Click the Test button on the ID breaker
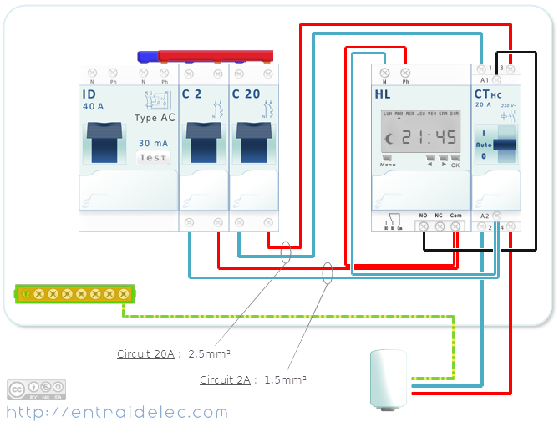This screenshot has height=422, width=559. pos(154,157)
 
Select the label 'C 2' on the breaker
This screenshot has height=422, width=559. pos(191,94)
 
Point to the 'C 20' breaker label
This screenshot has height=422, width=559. pos(246,94)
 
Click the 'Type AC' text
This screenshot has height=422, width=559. pos(155,118)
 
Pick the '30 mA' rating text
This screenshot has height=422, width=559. pos(155,143)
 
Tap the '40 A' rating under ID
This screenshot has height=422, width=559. pos(93,106)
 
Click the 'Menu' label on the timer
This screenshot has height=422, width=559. pos(388,165)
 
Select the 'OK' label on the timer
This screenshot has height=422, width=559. pos(455,165)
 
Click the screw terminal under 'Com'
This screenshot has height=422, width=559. pos(455,226)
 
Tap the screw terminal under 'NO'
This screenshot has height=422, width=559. pos(424,226)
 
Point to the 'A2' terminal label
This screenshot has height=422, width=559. pos(485,216)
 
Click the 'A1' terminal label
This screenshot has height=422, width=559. pos(485,79)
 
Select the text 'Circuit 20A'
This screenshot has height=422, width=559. pos(145,354)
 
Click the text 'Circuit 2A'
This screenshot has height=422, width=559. pos(225,380)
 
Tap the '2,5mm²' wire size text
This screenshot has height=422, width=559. pos(208,354)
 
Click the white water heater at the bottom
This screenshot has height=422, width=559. pos(388,379)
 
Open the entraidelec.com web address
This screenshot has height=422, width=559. pos(117,412)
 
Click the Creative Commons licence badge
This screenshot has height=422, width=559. pos(36,389)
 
